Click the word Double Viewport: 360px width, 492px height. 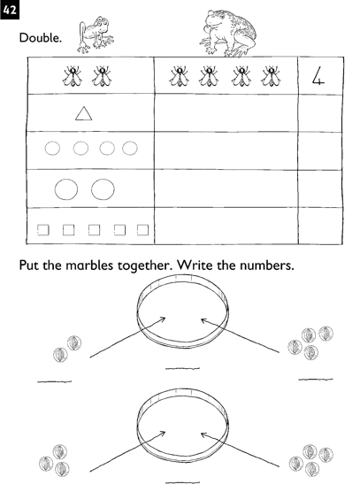39,39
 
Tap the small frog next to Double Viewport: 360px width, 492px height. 94,34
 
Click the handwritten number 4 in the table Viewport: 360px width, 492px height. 320,76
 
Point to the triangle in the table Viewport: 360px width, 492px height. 83,113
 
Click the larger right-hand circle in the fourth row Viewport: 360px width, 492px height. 104,188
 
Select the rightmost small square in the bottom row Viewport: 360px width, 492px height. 142,229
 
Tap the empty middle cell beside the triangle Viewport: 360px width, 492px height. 226,113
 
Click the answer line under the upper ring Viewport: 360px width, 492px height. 182,366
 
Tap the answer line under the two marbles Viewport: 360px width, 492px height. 53,381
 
